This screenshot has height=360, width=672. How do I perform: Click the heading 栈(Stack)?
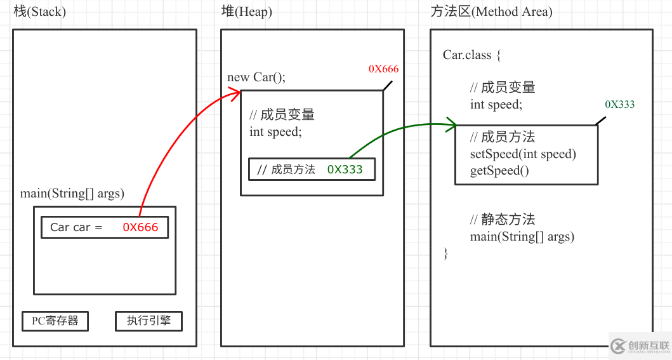(39, 12)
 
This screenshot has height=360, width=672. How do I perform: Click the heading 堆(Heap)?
(246, 12)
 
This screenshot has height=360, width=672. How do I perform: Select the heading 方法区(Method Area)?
(491, 12)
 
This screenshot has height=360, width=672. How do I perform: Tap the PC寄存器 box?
(55, 321)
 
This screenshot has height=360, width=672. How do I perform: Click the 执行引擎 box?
(148, 321)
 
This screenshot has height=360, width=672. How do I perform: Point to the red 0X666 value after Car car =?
(140, 227)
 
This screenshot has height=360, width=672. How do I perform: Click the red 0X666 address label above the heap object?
(383, 69)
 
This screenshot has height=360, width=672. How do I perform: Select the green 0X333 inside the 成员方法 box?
(346, 170)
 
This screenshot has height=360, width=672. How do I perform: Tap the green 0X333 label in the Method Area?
(619, 105)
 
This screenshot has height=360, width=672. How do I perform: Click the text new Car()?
(256, 77)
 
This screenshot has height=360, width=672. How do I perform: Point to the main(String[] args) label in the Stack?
(72, 194)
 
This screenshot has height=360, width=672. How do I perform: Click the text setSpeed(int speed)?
(523, 154)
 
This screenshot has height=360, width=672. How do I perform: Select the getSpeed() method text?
(499, 170)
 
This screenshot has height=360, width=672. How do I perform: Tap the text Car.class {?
(472, 55)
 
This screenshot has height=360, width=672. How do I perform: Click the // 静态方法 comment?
(503, 220)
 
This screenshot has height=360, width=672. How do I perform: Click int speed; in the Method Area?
(496, 105)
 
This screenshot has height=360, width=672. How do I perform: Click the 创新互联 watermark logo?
(640, 346)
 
